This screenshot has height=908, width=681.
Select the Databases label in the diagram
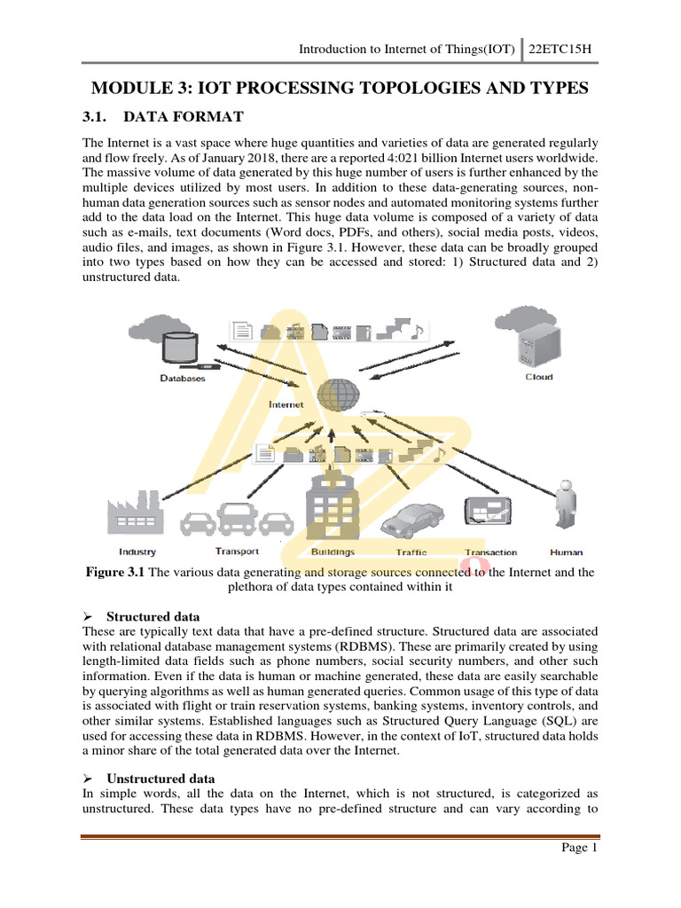(182, 379)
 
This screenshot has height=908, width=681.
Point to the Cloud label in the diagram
(539, 377)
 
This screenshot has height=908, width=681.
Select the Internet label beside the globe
(286, 404)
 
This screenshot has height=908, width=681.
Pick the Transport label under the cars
(237, 552)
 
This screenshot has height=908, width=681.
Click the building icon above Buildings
(332, 505)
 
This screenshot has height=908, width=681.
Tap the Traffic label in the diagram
(411, 552)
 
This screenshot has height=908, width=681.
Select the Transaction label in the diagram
(490, 552)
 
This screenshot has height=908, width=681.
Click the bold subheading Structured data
(153, 616)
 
